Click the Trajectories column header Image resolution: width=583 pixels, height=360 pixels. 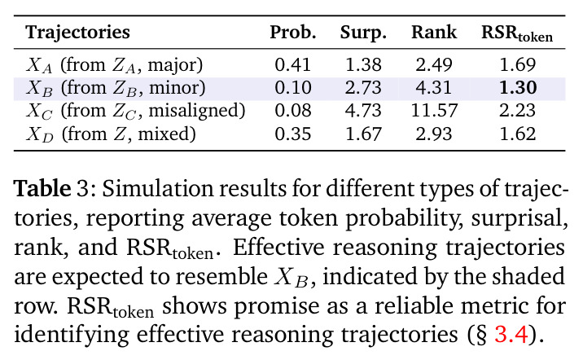pyautogui.click(x=77, y=33)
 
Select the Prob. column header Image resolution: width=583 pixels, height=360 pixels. pyautogui.click(x=293, y=33)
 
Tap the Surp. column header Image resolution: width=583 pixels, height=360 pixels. pyautogui.click(x=363, y=33)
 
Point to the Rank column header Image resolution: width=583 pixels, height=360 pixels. pyautogui.click(x=434, y=33)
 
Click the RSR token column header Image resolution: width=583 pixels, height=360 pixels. pyautogui.click(x=517, y=34)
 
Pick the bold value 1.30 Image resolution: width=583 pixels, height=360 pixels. pyautogui.click(x=518, y=88)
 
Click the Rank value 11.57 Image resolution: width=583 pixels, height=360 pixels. pyautogui.click(x=434, y=111)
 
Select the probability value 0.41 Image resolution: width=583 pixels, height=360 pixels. pyautogui.click(x=293, y=64)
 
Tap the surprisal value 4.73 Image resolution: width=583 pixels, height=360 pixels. pyautogui.click(x=363, y=111)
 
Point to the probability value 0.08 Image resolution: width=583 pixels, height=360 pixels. pyautogui.click(x=293, y=111)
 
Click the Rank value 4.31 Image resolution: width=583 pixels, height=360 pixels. pyautogui.click(x=434, y=88)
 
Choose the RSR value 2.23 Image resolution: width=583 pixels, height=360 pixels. pyautogui.click(x=518, y=111)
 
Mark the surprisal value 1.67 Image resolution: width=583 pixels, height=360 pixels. pyautogui.click(x=363, y=134)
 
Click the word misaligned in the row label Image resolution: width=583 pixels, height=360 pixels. pyautogui.click(x=197, y=112)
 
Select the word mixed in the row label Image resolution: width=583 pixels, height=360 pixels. pyautogui.click(x=167, y=134)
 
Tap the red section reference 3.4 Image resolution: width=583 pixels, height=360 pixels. pyautogui.click(x=511, y=334)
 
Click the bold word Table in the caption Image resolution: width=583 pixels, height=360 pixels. pyautogui.click(x=42, y=188)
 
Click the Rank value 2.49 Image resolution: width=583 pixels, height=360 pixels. pyautogui.click(x=434, y=64)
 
